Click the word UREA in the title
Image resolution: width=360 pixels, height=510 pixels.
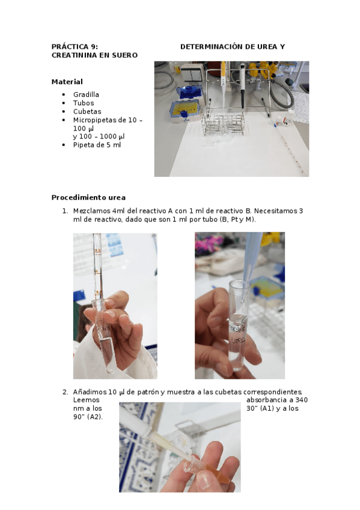tap(267, 47)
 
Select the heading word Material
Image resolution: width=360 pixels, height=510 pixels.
tap(67, 82)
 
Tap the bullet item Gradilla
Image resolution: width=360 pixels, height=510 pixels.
tap(86, 94)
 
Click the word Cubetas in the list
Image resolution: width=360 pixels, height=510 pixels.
tap(87, 112)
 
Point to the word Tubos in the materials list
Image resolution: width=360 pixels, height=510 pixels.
tap(84, 103)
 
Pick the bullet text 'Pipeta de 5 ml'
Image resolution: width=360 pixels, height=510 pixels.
tap(97, 145)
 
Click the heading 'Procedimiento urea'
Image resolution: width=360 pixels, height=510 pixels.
tap(88, 198)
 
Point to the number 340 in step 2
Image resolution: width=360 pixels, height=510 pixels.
tap(302, 400)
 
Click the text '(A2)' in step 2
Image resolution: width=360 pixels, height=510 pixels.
tap(94, 417)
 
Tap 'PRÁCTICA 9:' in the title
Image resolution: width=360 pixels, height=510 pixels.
tap(75, 47)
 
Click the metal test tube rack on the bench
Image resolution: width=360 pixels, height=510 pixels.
tap(223, 124)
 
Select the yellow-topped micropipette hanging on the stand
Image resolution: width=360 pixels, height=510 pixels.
tap(224, 85)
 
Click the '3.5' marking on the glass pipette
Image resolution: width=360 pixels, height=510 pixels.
tap(97, 251)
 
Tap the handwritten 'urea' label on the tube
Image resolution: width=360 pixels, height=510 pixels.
tap(238, 340)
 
